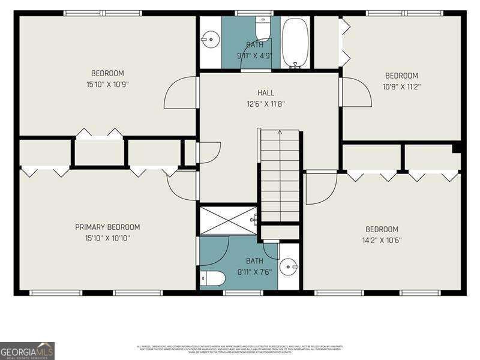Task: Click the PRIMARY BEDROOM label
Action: point(107,227)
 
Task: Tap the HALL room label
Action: point(266,93)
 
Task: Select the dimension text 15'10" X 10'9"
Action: point(107,85)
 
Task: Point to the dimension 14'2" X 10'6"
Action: point(382,240)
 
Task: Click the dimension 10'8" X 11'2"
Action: point(401,86)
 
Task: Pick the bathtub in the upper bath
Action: point(295,42)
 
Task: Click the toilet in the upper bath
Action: point(263,29)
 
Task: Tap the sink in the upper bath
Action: point(210,40)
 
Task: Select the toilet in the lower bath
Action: point(212,278)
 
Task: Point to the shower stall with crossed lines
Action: point(228,220)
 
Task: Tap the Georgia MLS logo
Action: point(27,350)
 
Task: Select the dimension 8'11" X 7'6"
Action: point(254,271)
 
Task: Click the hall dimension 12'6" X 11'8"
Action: point(266,103)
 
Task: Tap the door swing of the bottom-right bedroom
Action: point(320,188)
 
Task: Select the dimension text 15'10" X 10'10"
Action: point(107,238)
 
